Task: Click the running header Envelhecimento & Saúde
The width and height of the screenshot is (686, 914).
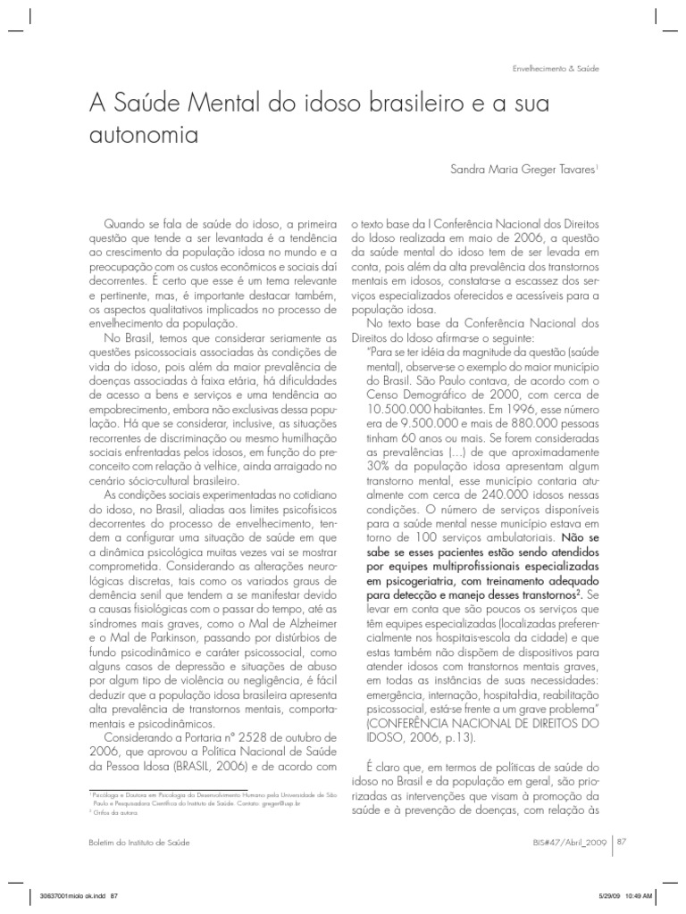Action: click(555, 68)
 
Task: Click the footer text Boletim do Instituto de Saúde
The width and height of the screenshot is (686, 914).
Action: click(139, 842)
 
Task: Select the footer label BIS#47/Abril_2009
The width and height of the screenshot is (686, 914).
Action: click(562, 842)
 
